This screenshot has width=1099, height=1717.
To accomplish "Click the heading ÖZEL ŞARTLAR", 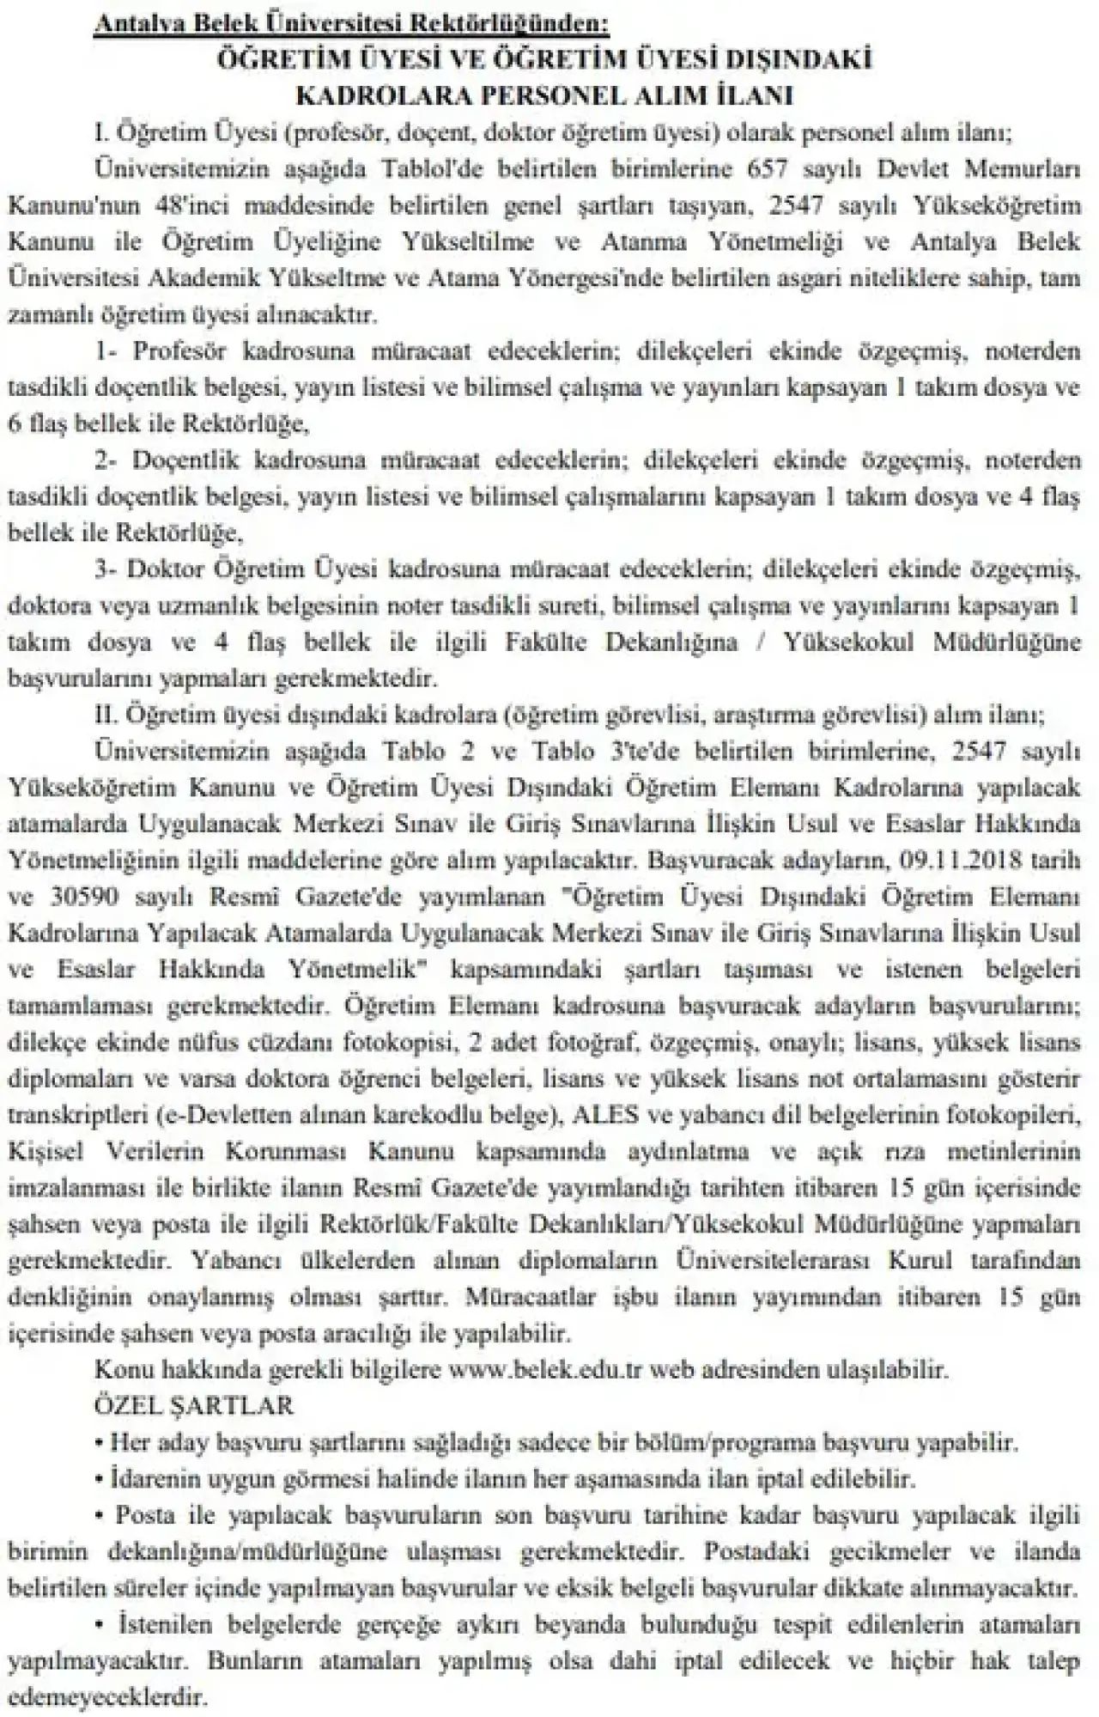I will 193,1406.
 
